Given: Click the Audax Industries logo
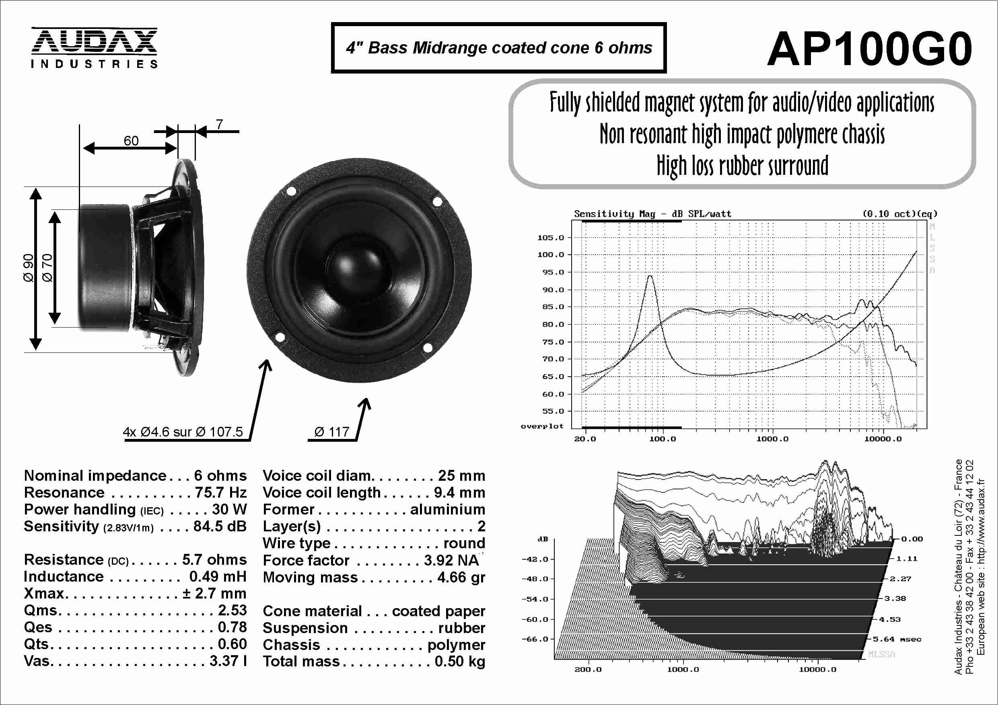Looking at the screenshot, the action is click(94, 48).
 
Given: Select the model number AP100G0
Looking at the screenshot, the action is click(869, 49).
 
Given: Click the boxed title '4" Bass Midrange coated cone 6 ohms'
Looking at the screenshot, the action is click(498, 48).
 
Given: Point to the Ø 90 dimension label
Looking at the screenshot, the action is click(28, 268).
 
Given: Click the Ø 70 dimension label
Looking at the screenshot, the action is click(47, 268).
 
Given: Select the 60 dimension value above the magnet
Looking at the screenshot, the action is click(131, 141).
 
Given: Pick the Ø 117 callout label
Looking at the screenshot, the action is click(331, 432).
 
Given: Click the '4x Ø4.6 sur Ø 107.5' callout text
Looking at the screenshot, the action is click(183, 432).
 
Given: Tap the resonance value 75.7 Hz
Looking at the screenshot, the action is click(220, 493).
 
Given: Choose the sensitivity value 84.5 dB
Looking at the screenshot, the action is click(220, 526).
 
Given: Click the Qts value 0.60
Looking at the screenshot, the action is click(232, 644).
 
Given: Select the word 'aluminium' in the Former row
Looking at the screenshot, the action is click(447, 509).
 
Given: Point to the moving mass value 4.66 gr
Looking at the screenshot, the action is click(461, 577).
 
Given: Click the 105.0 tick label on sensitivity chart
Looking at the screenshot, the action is click(550, 238).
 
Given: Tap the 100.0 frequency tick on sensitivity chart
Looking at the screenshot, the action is click(663, 439).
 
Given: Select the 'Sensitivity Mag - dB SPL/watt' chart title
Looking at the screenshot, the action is click(652, 214).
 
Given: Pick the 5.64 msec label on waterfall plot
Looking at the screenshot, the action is click(897, 639).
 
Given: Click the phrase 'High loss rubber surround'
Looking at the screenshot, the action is click(743, 166).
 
